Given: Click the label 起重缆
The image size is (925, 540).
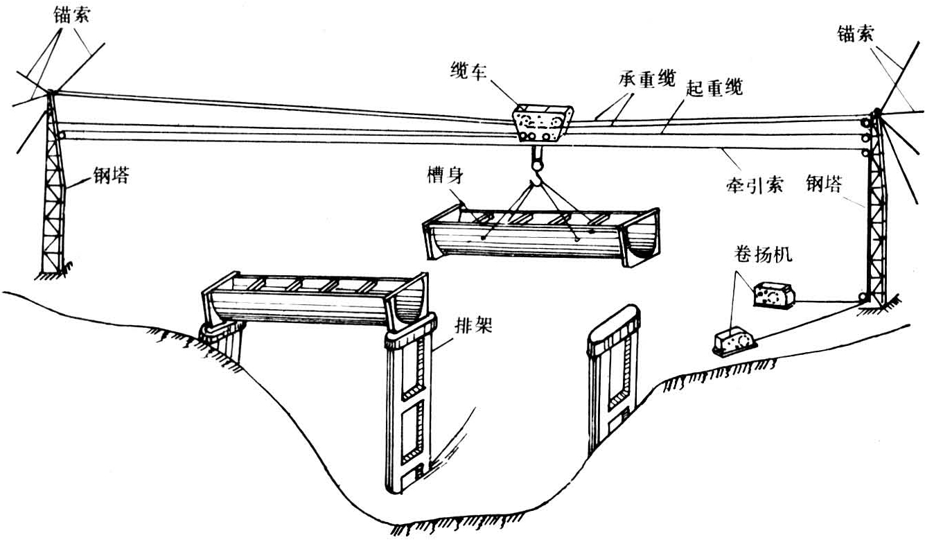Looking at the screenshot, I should [714, 88].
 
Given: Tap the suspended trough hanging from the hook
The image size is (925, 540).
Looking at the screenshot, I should [540, 234].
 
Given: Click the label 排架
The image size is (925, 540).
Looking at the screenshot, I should [473, 324].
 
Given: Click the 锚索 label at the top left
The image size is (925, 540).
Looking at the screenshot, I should [72, 13].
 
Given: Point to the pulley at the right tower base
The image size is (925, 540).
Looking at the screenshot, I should [863, 299].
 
